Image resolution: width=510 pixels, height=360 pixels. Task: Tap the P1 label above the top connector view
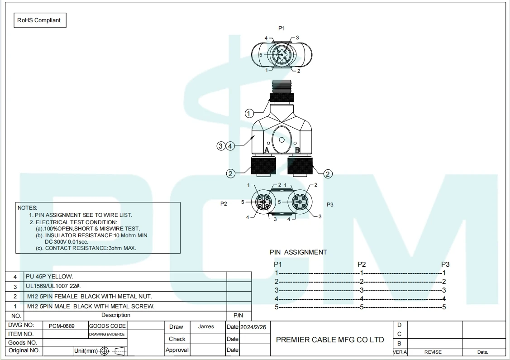coord(281,28)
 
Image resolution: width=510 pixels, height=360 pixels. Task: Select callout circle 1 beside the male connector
coord(249,114)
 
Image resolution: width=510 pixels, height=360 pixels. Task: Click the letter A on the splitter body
coord(267,150)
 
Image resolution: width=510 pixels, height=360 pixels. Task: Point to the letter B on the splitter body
coord(297,150)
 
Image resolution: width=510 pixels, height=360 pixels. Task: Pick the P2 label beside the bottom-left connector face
coord(224,204)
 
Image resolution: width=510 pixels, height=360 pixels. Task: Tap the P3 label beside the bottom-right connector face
coord(330,205)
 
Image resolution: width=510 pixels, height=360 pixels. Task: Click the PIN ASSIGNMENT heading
coord(298,252)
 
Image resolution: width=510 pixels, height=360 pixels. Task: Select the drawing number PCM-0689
coord(62,326)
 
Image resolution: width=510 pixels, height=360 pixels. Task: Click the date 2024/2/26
coord(253,327)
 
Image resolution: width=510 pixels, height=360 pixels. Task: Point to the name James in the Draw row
coord(206,326)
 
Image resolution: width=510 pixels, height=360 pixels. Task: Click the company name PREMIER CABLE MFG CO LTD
coord(330,340)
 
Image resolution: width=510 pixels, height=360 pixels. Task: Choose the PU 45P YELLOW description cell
coord(50,276)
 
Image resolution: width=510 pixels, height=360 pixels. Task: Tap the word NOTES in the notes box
coord(27,207)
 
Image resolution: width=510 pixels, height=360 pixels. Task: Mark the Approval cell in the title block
coord(176,350)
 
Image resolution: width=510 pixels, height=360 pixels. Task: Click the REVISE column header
coord(433,352)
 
